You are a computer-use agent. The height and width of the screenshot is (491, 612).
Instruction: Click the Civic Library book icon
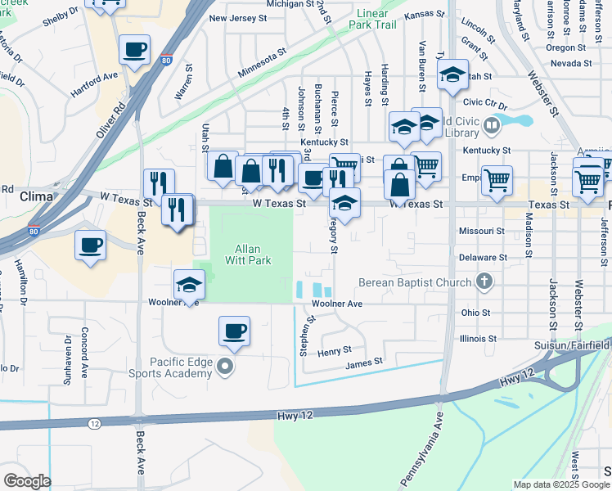(492, 125)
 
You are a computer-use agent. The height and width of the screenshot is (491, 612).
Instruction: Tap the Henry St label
(335, 350)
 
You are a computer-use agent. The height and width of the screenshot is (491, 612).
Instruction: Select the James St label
(365, 363)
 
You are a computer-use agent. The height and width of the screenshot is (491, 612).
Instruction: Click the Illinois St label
(479, 338)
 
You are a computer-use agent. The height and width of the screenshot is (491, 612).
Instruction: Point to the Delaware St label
(478, 257)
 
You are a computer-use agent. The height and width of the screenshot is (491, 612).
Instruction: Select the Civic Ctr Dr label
(486, 102)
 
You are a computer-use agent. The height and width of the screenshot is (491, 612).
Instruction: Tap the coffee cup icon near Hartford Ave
(134, 49)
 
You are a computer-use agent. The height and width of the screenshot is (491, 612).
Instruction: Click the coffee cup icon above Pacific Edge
(234, 330)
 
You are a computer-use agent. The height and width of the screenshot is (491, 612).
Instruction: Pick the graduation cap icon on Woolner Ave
(189, 284)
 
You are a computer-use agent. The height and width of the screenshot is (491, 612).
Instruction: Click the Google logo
(26, 481)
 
